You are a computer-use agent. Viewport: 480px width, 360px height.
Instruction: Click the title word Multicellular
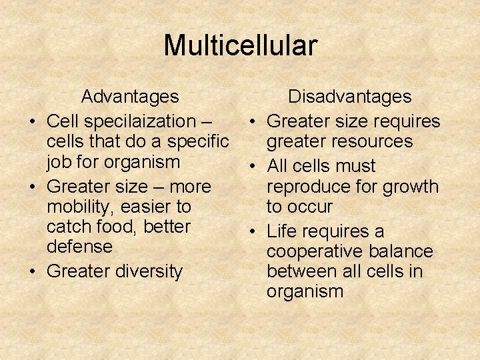click(240, 46)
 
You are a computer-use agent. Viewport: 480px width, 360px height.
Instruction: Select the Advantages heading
click(130, 97)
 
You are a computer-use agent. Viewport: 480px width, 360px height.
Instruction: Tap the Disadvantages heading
click(349, 97)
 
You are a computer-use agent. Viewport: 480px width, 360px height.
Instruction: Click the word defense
click(79, 247)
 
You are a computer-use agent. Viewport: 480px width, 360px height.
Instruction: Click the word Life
click(281, 231)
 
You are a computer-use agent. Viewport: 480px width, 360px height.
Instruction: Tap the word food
click(119, 227)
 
